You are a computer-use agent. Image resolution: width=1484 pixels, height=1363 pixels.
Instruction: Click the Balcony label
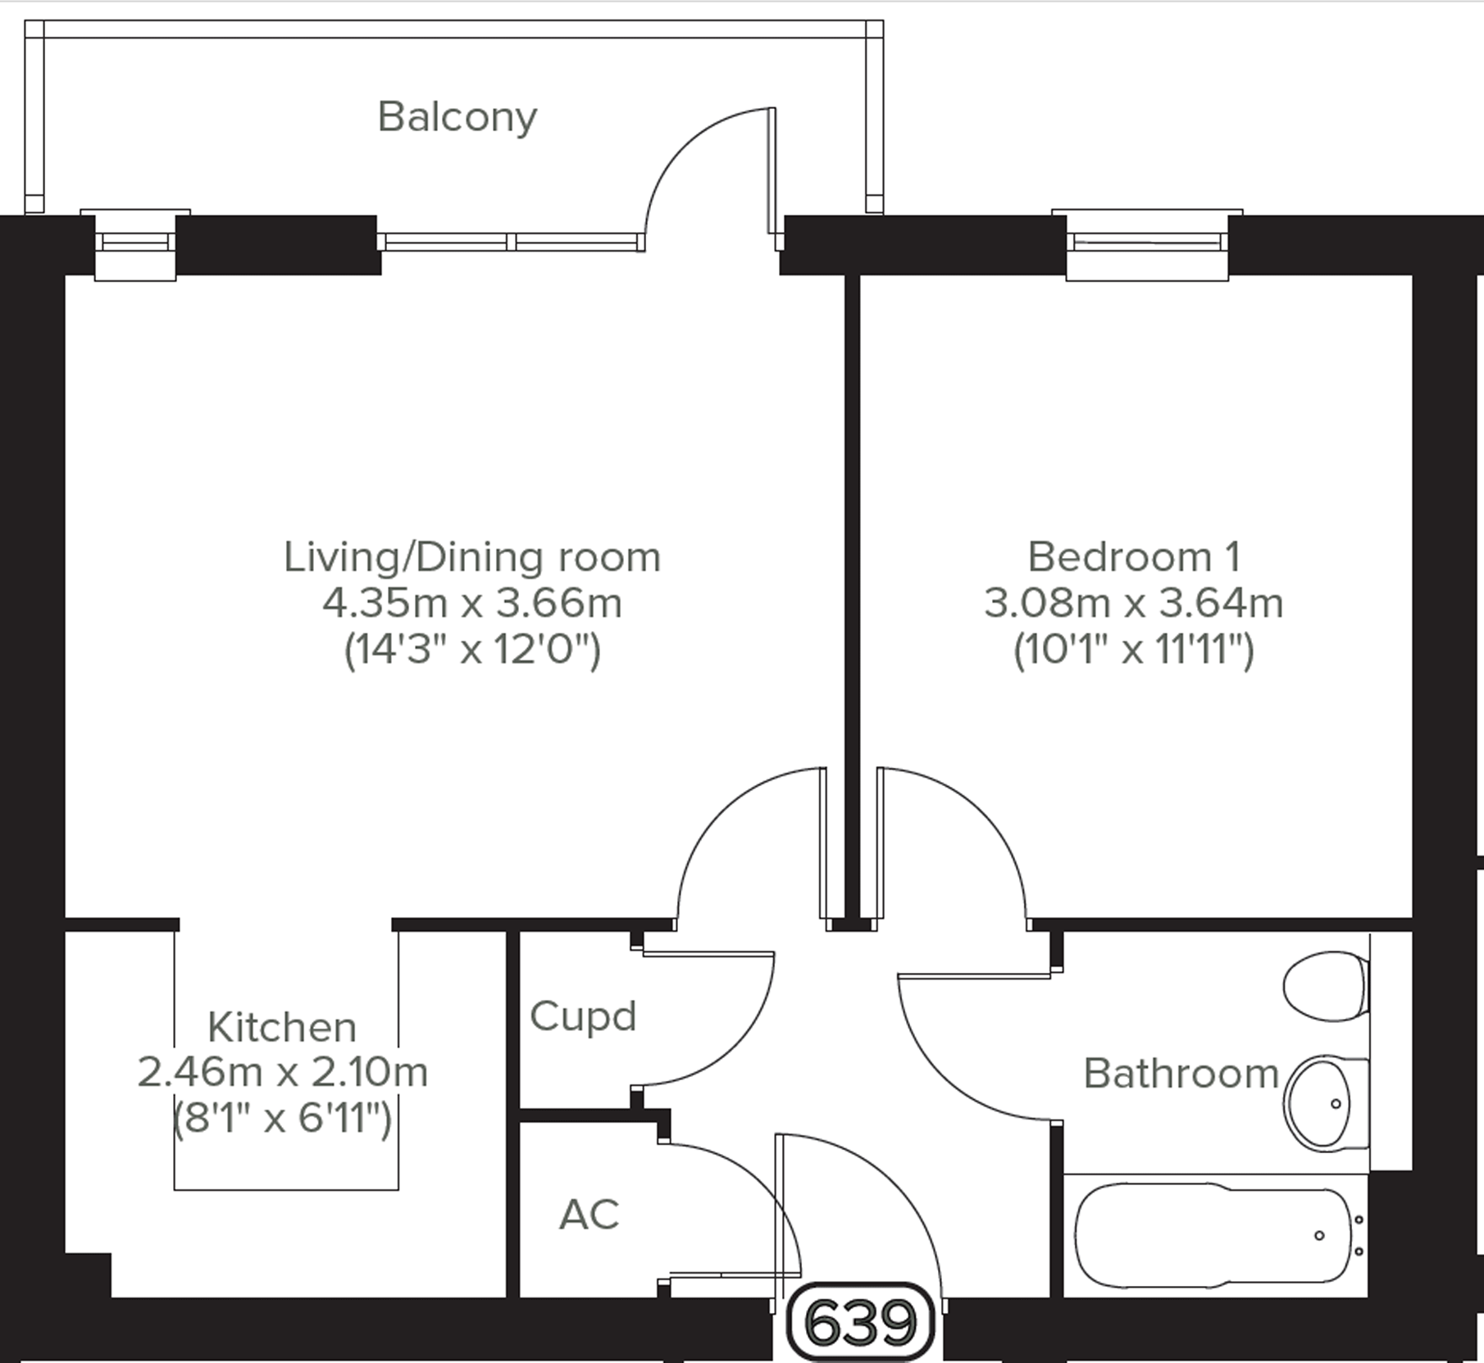pos(457,117)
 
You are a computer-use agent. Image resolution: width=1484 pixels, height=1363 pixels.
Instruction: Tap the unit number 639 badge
pos(859,1322)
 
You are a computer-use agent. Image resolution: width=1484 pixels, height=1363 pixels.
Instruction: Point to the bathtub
pos(1213,1234)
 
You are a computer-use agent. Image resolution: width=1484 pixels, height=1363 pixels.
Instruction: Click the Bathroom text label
pos(1181,1074)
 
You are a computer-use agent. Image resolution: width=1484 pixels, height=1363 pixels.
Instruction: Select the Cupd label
pos(582,1017)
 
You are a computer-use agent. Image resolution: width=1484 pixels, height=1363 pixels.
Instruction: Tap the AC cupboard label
pos(589,1215)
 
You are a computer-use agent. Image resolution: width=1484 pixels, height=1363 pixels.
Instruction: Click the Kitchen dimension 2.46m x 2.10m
pos(282,1072)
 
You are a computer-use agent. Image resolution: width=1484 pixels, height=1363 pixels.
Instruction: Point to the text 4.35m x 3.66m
pos(471,604)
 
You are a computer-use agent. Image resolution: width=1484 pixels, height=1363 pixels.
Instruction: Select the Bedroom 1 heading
pos(1133,557)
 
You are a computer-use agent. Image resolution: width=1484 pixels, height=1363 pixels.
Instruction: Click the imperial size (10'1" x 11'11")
pos(1133,651)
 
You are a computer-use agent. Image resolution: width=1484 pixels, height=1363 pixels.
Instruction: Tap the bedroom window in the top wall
pos(1146,243)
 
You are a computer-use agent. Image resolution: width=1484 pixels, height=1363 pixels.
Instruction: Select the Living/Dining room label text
pos(471,557)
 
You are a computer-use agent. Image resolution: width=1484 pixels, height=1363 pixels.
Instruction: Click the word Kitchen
pos(282,1027)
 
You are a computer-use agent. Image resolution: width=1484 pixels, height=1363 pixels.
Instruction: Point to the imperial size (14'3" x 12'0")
pos(471,651)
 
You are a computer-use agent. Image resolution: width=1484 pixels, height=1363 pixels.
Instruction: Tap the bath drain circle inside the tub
pos(1318,1235)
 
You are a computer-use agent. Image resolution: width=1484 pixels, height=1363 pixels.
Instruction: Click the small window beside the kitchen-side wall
pos(135,243)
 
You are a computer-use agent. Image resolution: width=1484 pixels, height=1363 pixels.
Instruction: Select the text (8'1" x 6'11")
pos(282,1117)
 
